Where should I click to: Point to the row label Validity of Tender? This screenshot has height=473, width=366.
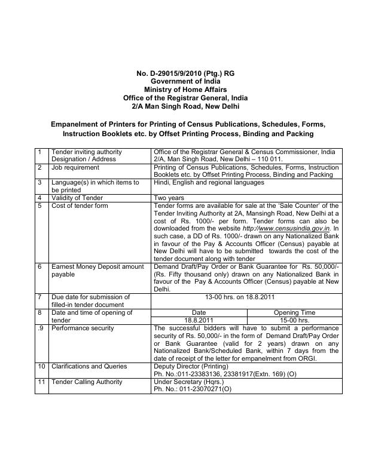click(77, 198)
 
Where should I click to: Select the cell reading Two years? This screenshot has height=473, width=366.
click(169, 198)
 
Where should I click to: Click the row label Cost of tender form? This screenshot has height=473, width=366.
click(80, 206)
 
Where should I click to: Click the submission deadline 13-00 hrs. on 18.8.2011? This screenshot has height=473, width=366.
click(246, 297)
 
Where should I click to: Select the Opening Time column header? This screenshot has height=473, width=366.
click(294, 312)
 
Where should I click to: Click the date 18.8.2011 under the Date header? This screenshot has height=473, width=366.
click(199, 320)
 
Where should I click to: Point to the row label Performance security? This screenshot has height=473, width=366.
click(80, 328)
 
